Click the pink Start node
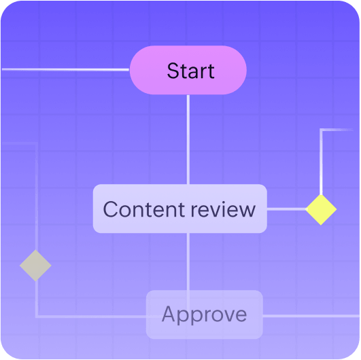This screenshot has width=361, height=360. [x=188, y=70]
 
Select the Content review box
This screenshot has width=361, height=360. [x=180, y=209]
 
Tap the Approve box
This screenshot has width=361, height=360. [x=205, y=314]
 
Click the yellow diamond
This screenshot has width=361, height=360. [x=321, y=209]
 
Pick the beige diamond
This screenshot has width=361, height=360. [x=35, y=265]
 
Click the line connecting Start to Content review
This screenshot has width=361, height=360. [x=188, y=139]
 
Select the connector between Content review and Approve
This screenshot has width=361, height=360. [x=188, y=262]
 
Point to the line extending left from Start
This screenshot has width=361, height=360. [x=66, y=69]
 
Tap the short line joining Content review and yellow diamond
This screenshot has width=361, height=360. [x=286, y=209]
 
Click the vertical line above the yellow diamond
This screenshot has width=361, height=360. [x=321, y=162]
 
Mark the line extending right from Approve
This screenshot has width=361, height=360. [x=311, y=316]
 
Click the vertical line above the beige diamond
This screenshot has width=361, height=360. [x=37, y=197]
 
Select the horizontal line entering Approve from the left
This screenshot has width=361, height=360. [x=92, y=317]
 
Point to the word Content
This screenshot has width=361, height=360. [x=143, y=209]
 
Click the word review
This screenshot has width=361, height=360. [x=223, y=210]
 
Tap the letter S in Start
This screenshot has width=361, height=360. [x=173, y=71]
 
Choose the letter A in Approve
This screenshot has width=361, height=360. [x=169, y=314]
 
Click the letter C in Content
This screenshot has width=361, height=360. [x=111, y=209]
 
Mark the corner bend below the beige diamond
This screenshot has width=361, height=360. [x=37, y=317]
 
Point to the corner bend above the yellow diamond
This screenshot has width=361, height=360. [x=321, y=130]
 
